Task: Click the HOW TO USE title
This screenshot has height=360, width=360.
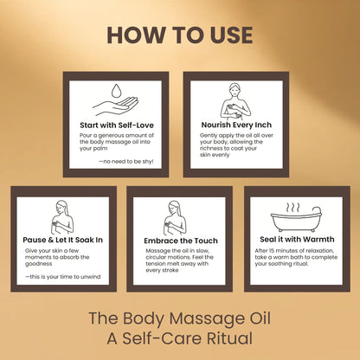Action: tap(180, 35)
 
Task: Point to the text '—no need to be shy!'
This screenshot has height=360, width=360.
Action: tap(127, 161)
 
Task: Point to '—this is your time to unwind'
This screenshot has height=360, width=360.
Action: tap(61, 277)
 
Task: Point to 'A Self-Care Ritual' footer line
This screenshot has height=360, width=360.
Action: tap(180, 338)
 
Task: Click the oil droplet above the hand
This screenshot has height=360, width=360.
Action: tap(118, 89)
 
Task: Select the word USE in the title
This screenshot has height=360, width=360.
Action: tap(226, 35)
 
